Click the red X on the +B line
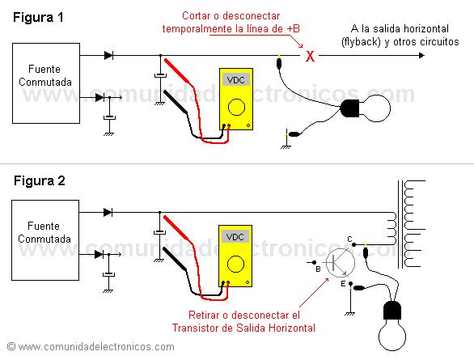point(308,57)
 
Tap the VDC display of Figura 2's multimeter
point(235,238)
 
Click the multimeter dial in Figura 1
point(236,107)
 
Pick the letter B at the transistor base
point(319,268)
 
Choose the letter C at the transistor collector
point(349,238)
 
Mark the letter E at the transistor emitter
point(343,286)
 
